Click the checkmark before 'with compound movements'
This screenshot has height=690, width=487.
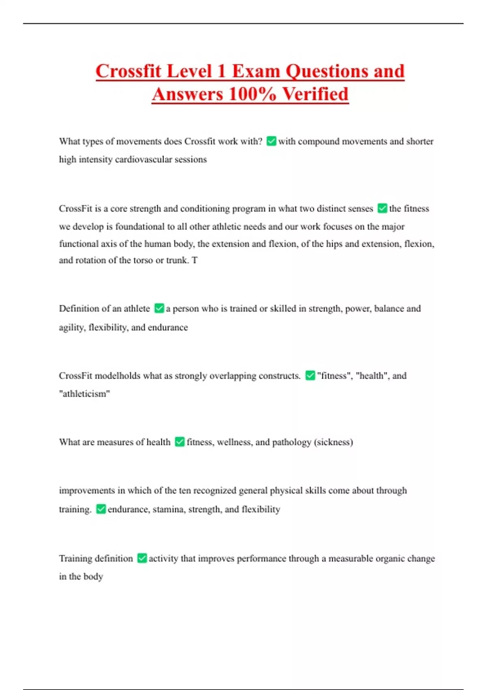271,141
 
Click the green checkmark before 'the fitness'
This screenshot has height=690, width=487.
382,209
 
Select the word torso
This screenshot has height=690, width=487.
143,260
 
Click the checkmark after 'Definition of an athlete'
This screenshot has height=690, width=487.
159,308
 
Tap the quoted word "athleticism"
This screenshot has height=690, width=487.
84,394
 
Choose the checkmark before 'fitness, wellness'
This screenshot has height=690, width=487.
180,442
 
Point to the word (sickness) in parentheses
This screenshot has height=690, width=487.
333,442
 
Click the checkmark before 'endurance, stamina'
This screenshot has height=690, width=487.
101,509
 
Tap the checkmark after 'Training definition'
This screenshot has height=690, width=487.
142,558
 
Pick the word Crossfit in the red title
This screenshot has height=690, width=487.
128,71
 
